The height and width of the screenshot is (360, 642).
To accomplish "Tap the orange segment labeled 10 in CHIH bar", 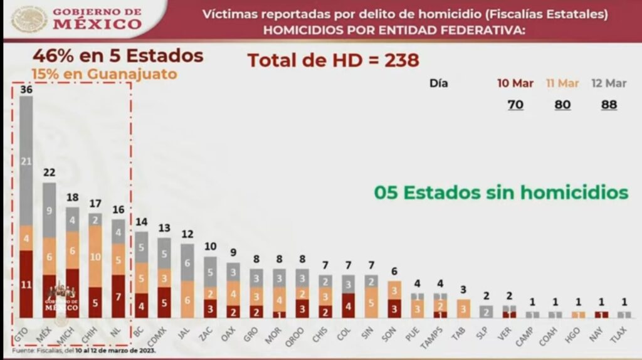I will click(96, 256).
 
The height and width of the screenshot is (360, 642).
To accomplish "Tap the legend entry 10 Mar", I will click(515, 83).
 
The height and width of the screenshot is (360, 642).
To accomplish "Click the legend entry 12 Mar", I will click(609, 83).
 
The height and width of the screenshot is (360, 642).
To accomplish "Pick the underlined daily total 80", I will click(562, 105).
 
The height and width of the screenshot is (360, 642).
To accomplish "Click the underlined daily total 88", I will click(609, 105).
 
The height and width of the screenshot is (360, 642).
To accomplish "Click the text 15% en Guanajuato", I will click(104, 74).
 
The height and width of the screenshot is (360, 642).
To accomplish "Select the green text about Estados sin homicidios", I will click(501, 192).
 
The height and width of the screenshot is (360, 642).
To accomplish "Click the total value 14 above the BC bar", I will click(142, 221).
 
